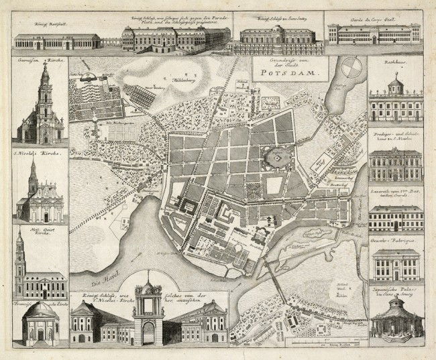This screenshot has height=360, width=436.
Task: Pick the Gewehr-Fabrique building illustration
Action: tap(395, 265)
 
